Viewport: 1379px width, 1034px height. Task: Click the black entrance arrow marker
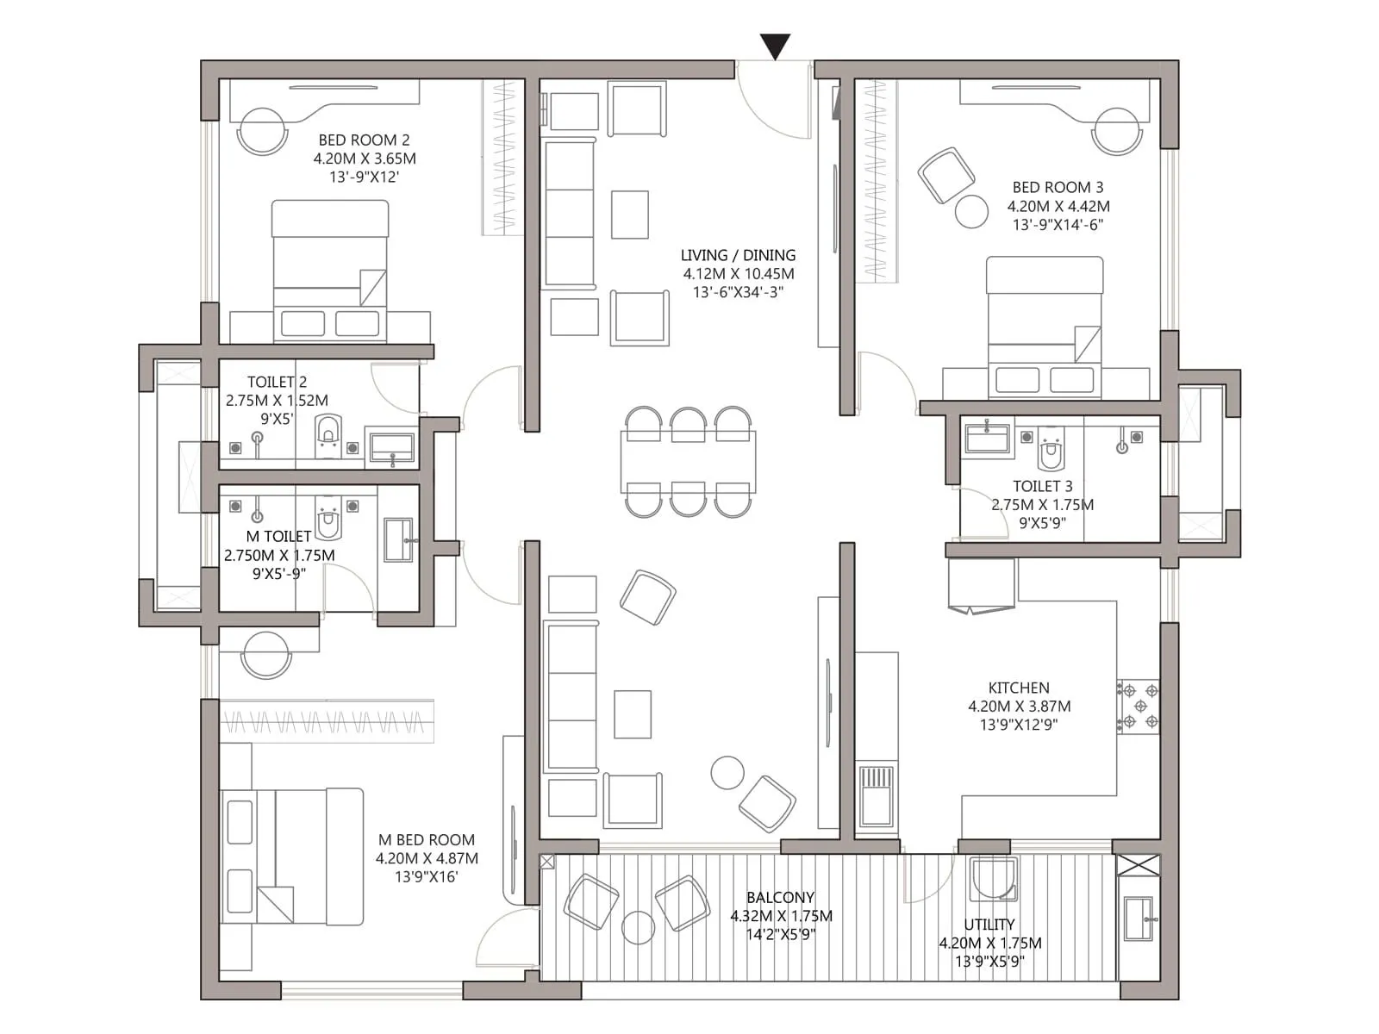coord(775,46)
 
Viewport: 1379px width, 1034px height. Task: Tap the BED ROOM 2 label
coord(364,140)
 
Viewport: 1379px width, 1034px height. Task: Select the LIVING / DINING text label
coord(738,255)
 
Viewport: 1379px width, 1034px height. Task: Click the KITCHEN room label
coord(1019,688)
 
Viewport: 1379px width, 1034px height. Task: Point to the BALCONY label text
coord(780,897)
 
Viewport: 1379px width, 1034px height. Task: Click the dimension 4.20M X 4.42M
coord(1058,206)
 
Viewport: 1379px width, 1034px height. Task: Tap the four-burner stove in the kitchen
coord(1139,707)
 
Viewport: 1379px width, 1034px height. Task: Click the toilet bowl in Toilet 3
coord(1051,448)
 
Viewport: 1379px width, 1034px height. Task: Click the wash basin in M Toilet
coord(398,540)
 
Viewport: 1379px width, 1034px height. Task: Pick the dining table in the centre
coord(688,461)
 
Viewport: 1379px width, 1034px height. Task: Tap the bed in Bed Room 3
coord(1045,327)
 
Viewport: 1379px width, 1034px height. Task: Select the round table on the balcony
coord(639,927)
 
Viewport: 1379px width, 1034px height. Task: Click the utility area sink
coord(1139,919)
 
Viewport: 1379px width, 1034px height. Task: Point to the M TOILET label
coord(278,536)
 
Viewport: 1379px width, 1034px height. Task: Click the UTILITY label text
coord(989,925)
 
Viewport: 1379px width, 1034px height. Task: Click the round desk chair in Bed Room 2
coord(262,131)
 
